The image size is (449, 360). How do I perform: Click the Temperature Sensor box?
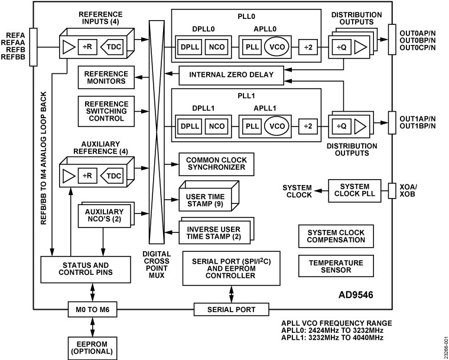[x=336, y=267]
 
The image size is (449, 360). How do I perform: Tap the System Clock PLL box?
[x=354, y=191]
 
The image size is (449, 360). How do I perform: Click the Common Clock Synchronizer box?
[x=216, y=164]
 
